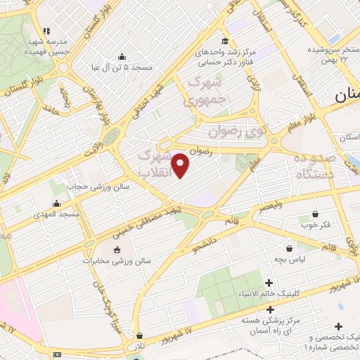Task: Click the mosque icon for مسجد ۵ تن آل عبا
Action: point(122,57)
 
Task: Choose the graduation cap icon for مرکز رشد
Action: point(224,41)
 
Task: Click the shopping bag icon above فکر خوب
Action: point(315,214)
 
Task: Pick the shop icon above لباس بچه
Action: point(289,247)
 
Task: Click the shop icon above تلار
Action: point(141,336)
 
